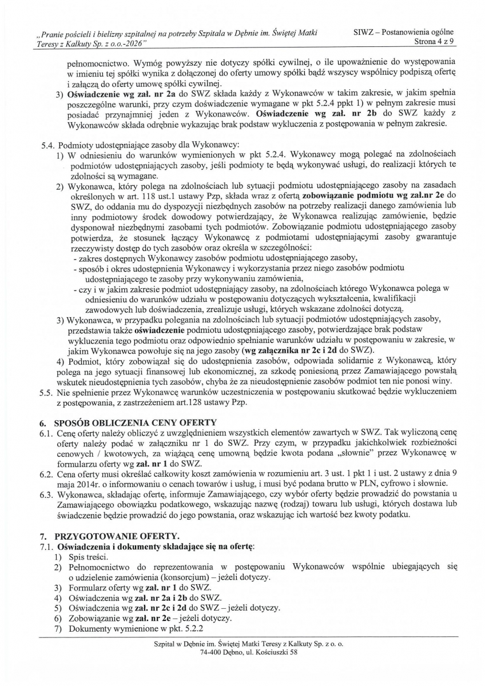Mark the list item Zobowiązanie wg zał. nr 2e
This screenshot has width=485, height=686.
pyautogui.click(x=122, y=619)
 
